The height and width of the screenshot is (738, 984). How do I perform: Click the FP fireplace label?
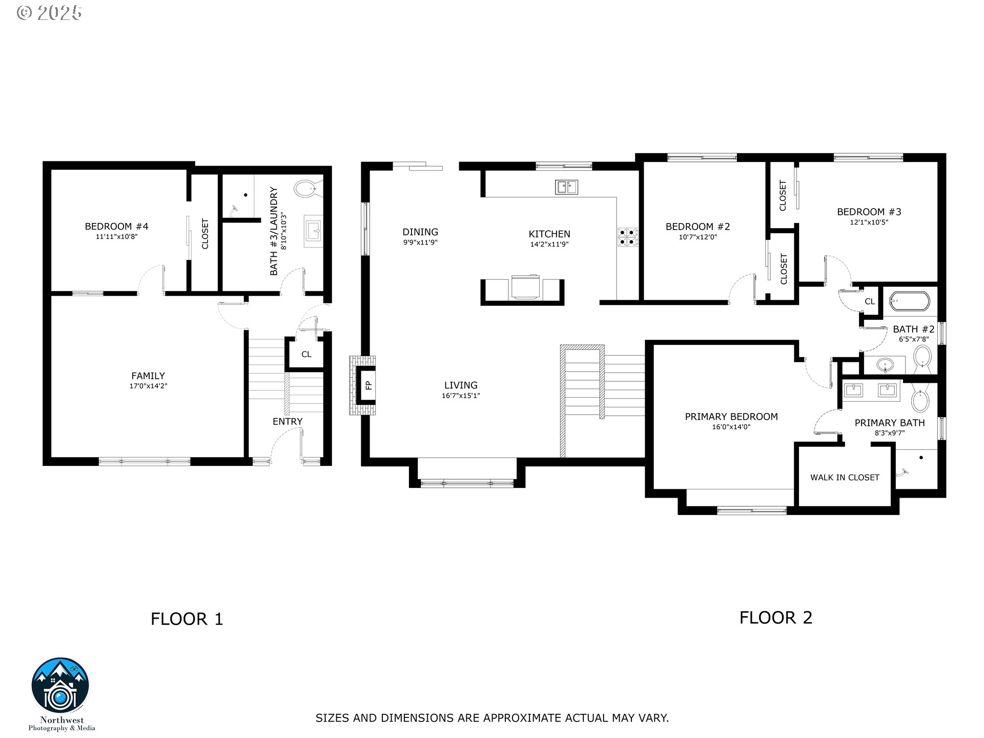368,385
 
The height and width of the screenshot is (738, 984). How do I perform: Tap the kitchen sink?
566,187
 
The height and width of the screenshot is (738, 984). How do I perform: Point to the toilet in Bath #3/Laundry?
307,189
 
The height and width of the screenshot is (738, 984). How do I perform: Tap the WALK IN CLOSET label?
845,477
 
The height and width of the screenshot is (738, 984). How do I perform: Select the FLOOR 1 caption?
187,619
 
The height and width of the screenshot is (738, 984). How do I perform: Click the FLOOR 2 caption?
776,618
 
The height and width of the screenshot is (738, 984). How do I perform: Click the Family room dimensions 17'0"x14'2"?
148,386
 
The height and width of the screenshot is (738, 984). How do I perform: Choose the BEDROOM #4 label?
116,227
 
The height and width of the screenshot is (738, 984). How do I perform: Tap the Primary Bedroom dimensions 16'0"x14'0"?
731,427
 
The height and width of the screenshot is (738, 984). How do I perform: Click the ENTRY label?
288,421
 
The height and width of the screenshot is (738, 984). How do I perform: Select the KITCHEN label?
549,234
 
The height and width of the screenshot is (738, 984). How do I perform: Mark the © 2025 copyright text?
49,13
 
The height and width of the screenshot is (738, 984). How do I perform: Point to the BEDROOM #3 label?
869,212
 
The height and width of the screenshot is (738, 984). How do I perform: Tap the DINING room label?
420,232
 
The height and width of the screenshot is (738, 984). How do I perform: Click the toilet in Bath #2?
922,356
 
